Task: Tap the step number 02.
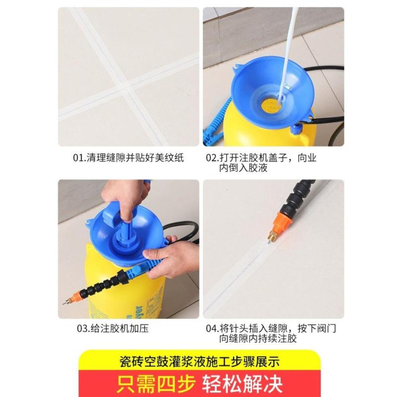(x=211, y=158)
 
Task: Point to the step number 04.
(x=211, y=329)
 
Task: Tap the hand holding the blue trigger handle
(x=170, y=258)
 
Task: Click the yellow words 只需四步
(x=156, y=384)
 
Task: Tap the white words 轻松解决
(x=242, y=384)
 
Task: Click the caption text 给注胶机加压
(x=120, y=329)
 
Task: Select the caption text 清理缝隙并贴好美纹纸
(x=135, y=158)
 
